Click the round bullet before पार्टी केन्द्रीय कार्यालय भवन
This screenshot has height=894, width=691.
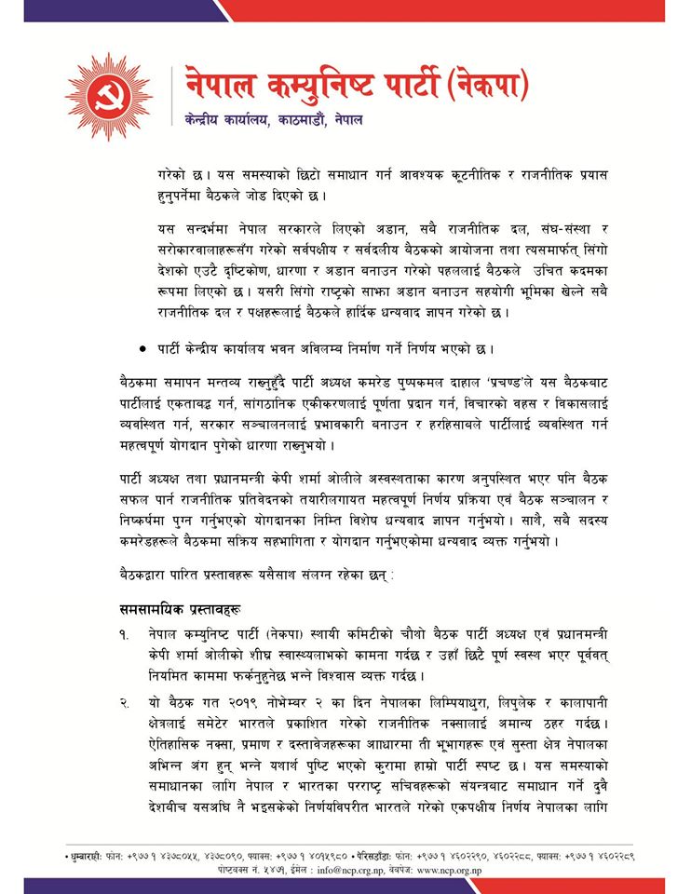(x=142, y=348)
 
